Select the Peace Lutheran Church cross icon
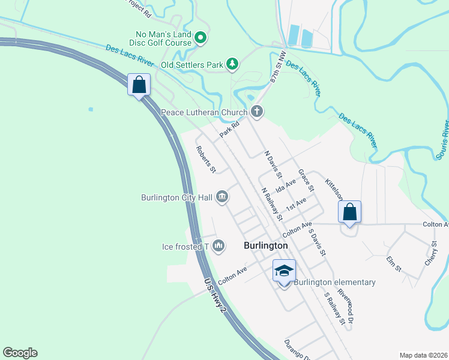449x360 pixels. click(257, 111)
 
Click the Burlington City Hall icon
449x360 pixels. click(221, 197)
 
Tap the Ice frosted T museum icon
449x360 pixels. click(218, 245)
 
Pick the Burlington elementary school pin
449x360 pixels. click(284, 272)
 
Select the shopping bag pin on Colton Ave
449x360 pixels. click(349, 212)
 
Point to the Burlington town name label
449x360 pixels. click(266, 246)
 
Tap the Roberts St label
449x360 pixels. click(205, 159)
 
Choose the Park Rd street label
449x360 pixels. click(229, 130)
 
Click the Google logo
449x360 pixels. click(20, 353)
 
